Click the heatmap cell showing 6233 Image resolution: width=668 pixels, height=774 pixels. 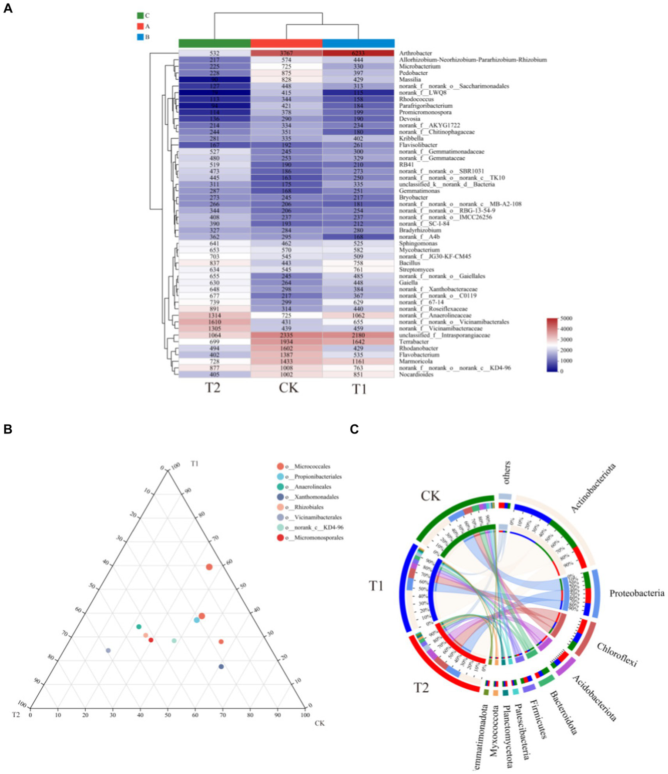click(358, 53)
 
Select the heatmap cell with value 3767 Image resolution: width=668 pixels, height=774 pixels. click(286, 53)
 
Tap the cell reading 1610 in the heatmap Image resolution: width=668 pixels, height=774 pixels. click(215, 322)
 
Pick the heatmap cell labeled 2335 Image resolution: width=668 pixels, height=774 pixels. click(286, 335)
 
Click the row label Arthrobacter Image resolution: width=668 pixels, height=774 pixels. click(416, 53)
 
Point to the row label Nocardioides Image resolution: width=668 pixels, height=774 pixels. click(416, 374)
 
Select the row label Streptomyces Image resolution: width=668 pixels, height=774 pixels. click(416, 270)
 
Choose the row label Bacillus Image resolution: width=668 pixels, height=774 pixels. click(410, 263)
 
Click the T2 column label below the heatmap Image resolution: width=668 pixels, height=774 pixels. click(213, 388)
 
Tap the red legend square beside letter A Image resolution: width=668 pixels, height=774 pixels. click(140, 26)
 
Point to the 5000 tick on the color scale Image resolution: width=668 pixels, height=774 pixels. click(567, 319)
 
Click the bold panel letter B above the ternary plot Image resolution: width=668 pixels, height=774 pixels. click(8, 429)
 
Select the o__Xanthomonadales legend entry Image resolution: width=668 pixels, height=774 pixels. click(312, 497)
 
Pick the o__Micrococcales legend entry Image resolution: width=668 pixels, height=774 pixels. click(308, 467)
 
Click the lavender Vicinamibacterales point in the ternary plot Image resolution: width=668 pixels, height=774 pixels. click(108, 651)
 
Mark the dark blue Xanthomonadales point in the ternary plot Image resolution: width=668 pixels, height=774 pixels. click(221, 667)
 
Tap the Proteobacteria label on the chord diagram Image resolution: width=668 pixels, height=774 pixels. click(637, 594)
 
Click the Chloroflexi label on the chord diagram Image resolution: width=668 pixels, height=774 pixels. click(617, 655)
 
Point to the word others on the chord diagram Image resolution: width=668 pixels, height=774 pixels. click(507, 473)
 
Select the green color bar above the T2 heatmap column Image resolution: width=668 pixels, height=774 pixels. click(215, 43)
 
